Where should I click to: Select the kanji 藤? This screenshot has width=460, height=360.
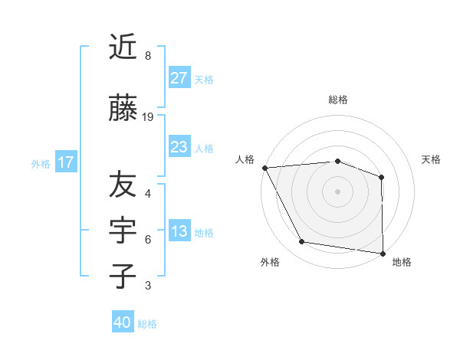coord(123,110)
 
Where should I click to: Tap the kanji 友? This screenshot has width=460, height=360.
coord(123,185)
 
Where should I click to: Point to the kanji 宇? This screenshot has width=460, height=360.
coord(123,231)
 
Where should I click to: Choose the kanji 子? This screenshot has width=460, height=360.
coord(123,277)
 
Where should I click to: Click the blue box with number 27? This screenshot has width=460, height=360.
coord(179,78)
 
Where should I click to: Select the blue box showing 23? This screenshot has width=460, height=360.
coord(179,147)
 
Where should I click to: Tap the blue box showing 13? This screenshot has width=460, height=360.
coord(179,232)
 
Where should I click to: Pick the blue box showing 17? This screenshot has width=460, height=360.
coord(65,162)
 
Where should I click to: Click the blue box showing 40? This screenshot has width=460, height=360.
coord(123,322)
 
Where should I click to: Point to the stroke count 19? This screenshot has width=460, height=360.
coord(148,117)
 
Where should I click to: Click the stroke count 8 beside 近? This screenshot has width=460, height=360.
coord(148,56)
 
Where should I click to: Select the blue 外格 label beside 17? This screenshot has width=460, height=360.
coord(41,163)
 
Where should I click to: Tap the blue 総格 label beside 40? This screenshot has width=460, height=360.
coord(147,324)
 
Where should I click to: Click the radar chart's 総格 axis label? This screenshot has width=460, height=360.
coord(337,100)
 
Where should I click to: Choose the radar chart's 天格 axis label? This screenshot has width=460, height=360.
coord(431,159)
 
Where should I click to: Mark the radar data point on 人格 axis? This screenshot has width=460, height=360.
coord(264,168)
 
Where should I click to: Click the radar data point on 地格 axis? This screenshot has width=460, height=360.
coord(383,253)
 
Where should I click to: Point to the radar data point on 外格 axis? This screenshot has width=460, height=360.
coord(302,242)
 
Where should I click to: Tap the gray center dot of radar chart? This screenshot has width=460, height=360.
coord(337,191)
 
